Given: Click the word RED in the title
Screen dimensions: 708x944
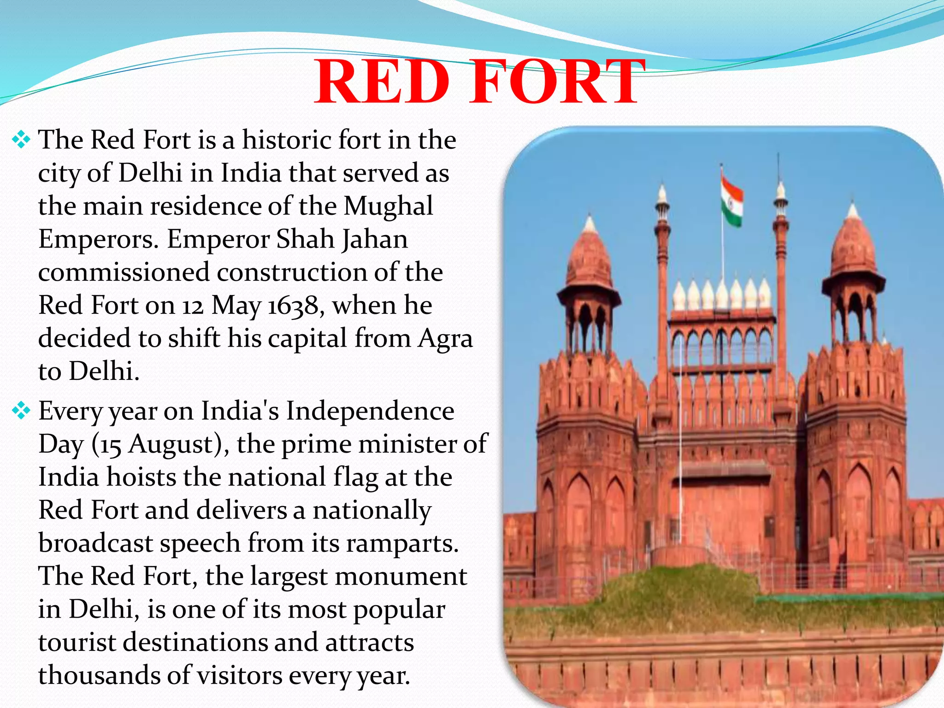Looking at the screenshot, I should (x=383, y=82).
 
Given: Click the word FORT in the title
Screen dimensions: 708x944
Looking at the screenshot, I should (x=555, y=82).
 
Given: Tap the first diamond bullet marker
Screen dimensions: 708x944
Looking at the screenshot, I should (x=21, y=140).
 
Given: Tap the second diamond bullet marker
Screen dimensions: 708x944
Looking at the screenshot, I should (x=21, y=410).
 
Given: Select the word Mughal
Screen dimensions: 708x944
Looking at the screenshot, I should (x=388, y=206).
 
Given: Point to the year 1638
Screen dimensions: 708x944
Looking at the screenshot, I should (x=293, y=306).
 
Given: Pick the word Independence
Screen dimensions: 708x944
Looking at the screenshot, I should (x=370, y=411).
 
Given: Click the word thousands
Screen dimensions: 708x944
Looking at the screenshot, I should (x=99, y=675).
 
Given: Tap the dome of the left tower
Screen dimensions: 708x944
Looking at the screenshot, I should (x=589, y=258).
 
